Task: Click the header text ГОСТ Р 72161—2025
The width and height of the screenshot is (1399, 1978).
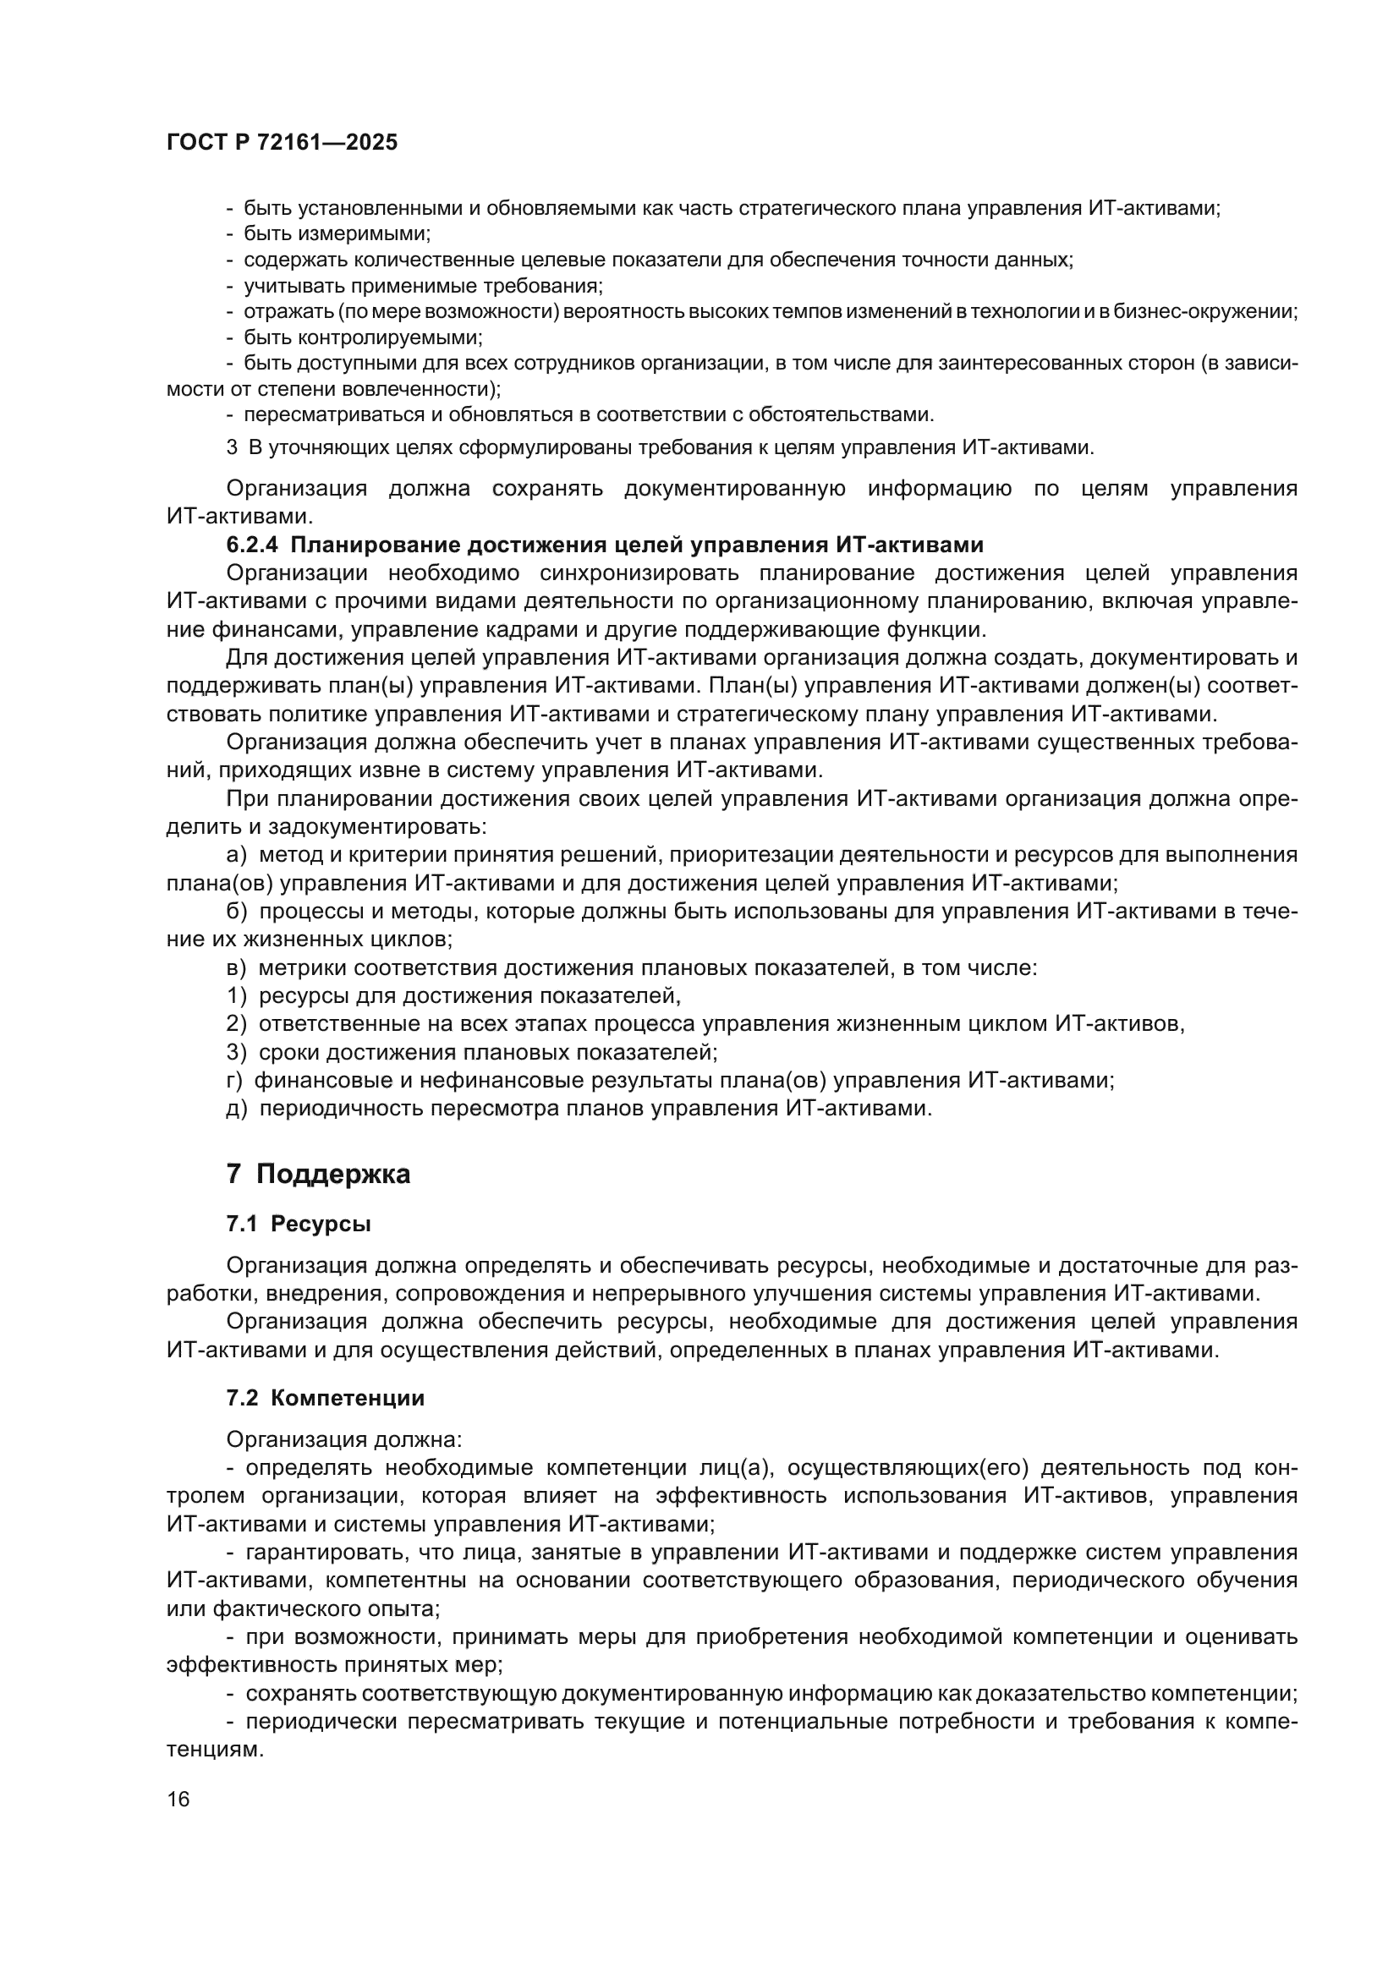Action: (282, 143)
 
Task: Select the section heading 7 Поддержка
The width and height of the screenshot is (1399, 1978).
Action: (318, 1175)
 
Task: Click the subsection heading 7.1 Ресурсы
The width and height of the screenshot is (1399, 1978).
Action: (298, 1225)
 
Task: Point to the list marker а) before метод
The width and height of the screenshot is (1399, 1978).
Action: (237, 856)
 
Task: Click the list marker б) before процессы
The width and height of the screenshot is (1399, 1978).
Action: (237, 912)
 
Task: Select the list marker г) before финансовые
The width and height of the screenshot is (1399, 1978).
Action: (234, 1080)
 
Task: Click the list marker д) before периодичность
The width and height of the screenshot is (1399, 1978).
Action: (237, 1108)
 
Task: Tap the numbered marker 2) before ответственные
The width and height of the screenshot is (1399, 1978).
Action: (237, 1024)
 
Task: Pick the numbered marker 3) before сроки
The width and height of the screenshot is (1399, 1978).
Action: (237, 1052)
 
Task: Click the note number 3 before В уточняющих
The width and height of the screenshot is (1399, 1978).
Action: (231, 448)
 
